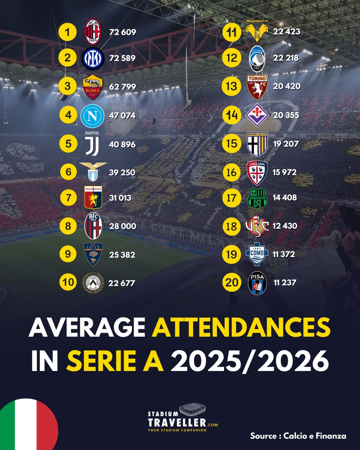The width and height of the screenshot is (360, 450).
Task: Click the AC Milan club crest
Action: (x=92, y=32)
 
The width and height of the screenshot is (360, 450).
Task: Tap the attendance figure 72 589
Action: (x=122, y=58)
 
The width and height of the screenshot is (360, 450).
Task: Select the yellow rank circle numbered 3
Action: (x=68, y=86)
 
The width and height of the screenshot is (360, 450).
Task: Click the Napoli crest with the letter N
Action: (x=92, y=116)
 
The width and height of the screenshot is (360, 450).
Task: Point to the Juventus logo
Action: (x=92, y=145)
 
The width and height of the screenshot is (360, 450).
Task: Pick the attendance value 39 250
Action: (x=122, y=172)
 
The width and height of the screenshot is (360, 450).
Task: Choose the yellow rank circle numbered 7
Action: (x=68, y=197)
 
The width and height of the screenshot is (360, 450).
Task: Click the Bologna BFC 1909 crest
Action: (x=93, y=226)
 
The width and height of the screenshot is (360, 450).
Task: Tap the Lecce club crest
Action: (x=93, y=254)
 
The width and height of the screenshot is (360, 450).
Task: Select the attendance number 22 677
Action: (x=122, y=283)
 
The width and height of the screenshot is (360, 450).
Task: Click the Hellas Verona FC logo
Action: (x=257, y=31)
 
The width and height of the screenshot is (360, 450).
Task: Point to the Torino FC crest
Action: (x=257, y=86)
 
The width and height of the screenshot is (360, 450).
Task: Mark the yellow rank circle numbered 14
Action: (x=232, y=115)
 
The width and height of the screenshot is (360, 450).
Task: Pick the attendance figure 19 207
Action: (x=286, y=144)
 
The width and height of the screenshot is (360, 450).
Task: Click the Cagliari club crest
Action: (x=257, y=173)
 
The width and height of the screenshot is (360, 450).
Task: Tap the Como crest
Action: (x=257, y=254)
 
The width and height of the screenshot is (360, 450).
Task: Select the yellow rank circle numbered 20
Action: (x=232, y=282)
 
